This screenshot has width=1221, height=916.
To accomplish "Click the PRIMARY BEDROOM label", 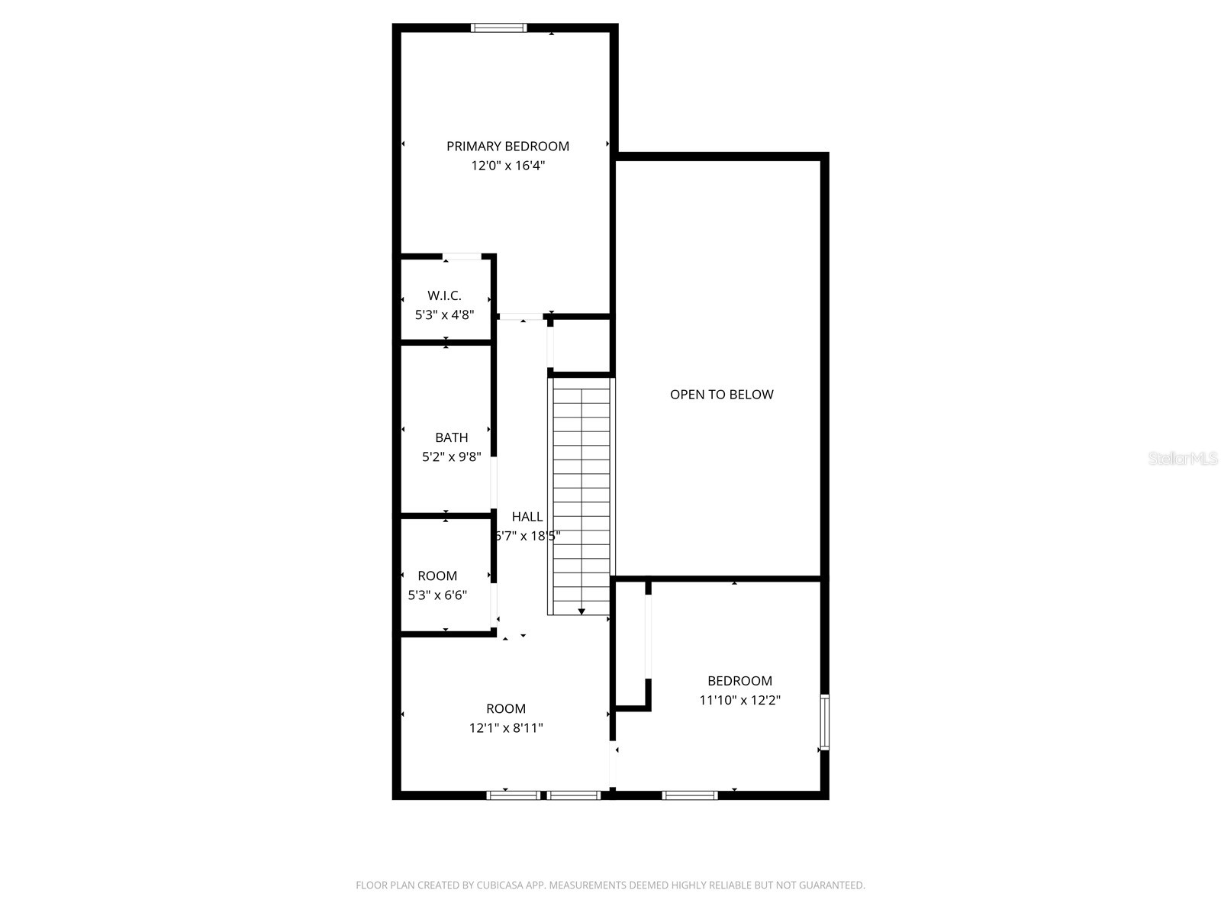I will point(507,147).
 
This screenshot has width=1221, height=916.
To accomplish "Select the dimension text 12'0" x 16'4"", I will point(507,166).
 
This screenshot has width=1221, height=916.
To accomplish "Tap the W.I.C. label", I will point(444,295).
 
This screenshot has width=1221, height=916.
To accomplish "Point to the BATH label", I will point(451,437).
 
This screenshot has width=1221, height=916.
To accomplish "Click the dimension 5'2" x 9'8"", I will point(451,457).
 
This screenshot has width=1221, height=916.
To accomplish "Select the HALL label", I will point(527,517).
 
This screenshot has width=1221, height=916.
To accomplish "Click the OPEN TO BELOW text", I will point(721,395).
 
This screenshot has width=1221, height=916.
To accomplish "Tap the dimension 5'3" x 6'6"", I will point(437,595).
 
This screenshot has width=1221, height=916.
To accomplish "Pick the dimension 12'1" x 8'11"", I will point(505,728).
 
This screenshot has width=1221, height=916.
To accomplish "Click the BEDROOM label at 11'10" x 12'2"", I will point(739,681).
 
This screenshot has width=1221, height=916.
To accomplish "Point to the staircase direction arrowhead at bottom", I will point(582,611).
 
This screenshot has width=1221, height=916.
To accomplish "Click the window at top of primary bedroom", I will point(499,28).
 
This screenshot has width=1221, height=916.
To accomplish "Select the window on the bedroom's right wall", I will point(824,722).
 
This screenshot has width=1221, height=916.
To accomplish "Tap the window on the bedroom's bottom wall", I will point(690,795).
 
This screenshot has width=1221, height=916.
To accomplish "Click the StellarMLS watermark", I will point(1183,458).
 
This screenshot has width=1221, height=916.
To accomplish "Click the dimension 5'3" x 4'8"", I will point(444,314).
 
